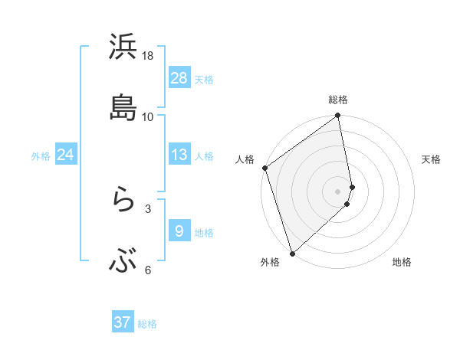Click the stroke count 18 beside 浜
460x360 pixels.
click(x=148, y=57)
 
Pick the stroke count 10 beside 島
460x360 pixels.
click(x=148, y=117)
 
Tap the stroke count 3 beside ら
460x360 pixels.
click(x=148, y=208)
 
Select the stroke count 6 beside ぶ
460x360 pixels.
click(x=148, y=270)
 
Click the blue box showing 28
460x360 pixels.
click(x=179, y=78)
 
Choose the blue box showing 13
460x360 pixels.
click(x=179, y=155)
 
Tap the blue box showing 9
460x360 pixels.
click(x=179, y=231)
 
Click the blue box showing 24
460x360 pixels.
click(x=66, y=155)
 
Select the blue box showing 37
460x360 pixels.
click(x=123, y=322)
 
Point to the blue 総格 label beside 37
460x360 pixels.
click(x=147, y=324)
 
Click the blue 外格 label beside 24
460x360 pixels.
click(x=41, y=156)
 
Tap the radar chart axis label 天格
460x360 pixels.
click(x=431, y=159)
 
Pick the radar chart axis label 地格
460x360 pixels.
click(x=402, y=262)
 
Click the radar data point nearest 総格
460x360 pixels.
click(x=338, y=116)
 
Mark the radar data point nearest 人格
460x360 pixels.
click(x=264, y=168)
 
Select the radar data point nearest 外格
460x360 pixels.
click(x=292, y=253)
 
